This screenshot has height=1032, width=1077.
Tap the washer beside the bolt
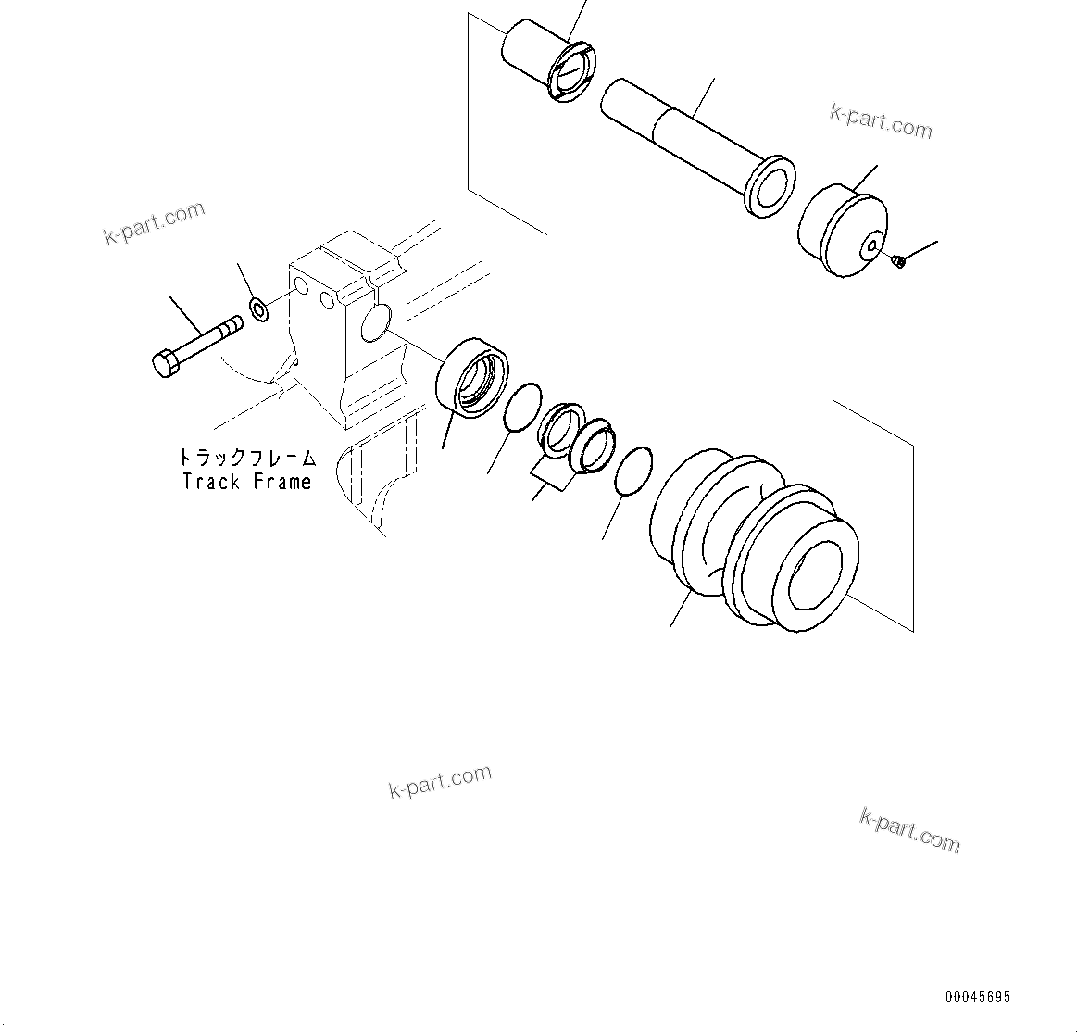coord(259,309)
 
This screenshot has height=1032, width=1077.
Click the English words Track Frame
coord(246,482)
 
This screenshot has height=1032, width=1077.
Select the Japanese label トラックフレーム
coord(246,458)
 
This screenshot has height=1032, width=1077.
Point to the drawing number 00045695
coord(978,998)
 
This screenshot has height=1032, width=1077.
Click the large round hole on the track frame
coord(374,323)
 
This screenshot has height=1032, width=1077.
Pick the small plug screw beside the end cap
coord(897,263)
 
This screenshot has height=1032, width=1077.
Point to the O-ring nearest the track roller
coord(633,472)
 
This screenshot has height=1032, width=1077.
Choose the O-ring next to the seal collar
coord(522,408)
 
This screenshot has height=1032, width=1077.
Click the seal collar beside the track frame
coord(472,378)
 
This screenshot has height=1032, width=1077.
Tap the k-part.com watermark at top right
coord(881,121)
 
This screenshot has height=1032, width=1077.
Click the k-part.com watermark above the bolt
coord(154,223)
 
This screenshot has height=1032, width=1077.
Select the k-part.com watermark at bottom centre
coord(440,782)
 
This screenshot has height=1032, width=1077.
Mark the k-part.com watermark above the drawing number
coord(909,829)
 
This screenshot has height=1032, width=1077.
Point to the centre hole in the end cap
coord(872,245)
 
